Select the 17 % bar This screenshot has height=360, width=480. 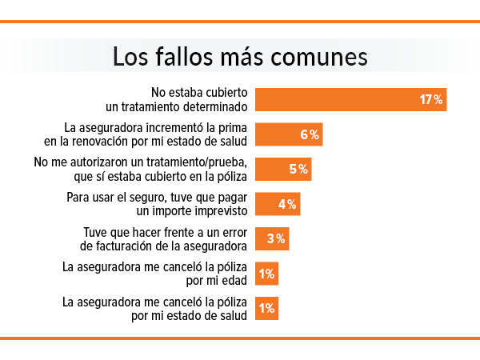pyautogui.click(x=350, y=99)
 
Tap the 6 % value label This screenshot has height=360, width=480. pyautogui.click(x=310, y=134)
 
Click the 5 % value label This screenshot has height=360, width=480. pyautogui.click(x=298, y=169)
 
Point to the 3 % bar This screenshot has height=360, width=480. pyautogui.click(x=271, y=238)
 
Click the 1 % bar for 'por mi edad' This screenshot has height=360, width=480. pyautogui.click(x=266, y=274)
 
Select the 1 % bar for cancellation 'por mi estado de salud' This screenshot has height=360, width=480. pyautogui.click(x=266, y=308)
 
